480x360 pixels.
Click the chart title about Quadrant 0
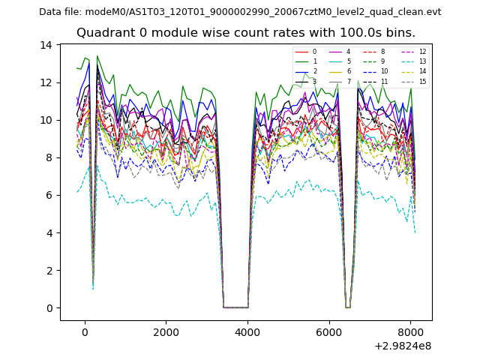point(245,33)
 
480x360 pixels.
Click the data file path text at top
point(240,12)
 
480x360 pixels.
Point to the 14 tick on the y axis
point(46,45)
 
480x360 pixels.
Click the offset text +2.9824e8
point(402,346)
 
